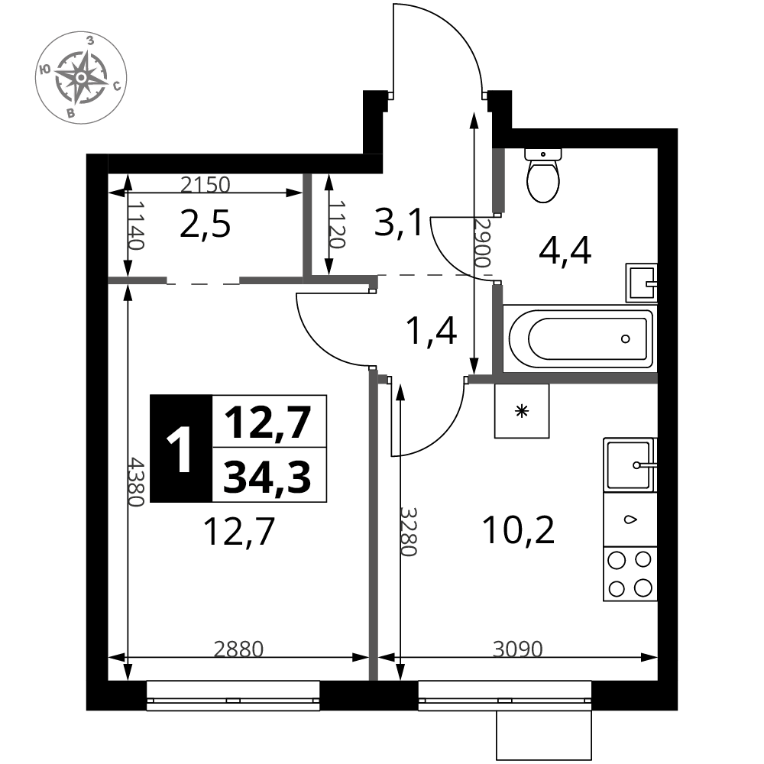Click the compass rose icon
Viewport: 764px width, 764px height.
[82, 77]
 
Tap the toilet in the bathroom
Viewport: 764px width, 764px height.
[542, 176]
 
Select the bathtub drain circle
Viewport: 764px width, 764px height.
[626, 339]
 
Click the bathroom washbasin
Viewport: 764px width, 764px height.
[641, 283]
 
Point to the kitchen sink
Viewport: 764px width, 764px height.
[630, 465]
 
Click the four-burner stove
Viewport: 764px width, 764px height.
[630, 574]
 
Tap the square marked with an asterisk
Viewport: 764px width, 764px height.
[522, 411]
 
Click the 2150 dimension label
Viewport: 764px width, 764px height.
[205, 185]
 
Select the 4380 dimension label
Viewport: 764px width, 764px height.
[136, 481]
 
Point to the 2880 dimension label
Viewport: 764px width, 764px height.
[238, 649]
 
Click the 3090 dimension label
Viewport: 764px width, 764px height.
[517, 649]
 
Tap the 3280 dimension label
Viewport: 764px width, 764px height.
[409, 532]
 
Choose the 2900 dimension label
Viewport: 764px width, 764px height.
[482, 243]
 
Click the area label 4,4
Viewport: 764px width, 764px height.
[565, 250]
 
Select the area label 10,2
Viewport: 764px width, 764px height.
[518, 530]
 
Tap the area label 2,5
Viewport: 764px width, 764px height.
[205, 225]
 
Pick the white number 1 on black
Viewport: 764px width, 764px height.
[180, 448]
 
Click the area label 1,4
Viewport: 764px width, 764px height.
[431, 331]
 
